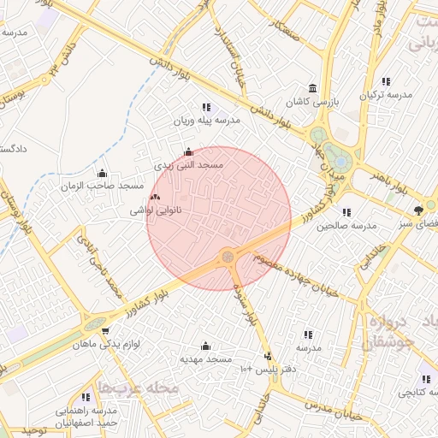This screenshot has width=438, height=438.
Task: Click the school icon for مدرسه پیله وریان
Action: coord(206,108)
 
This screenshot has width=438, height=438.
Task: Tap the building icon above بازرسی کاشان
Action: coord(312,88)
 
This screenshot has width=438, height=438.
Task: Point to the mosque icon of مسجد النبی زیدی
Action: coord(188,151)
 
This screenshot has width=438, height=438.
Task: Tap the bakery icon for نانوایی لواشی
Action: coord(154,197)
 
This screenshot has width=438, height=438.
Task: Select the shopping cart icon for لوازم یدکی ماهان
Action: coord(104,331)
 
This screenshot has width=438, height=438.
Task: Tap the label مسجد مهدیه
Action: coord(205,359)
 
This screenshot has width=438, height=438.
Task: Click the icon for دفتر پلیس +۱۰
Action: coord(268,356)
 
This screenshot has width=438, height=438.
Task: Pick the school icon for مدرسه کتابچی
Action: coord(425,379)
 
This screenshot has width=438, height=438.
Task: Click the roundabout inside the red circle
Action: coord(228,256)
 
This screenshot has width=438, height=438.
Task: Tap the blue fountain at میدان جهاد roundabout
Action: coord(340,160)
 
